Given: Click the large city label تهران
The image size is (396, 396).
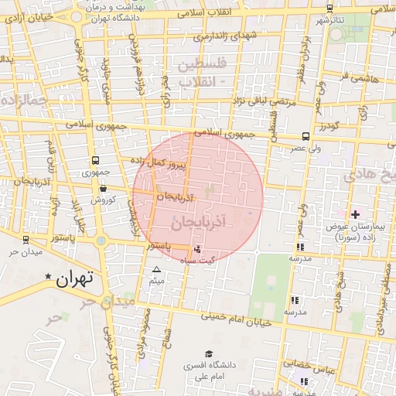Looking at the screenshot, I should (x=74, y=278).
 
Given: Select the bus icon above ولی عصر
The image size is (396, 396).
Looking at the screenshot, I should (x=306, y=136).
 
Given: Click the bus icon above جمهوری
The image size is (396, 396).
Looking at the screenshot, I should (x=94, y=161).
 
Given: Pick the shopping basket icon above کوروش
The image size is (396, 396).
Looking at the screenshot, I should (x=103, y=188).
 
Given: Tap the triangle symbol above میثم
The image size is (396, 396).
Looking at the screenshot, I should (x=157, y=270).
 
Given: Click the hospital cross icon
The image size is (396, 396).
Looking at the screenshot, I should (x=355, y=213).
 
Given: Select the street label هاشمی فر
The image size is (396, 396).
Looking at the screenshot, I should (x=353, y=77).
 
